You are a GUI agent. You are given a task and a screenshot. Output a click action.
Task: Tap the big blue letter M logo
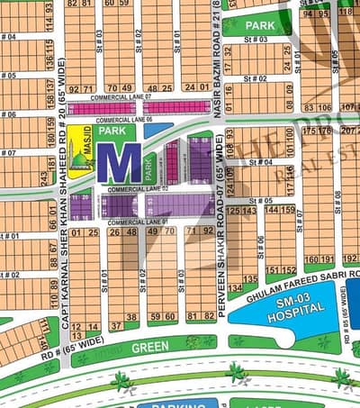point(119,164)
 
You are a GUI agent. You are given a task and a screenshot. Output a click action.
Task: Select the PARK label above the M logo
point(112,131)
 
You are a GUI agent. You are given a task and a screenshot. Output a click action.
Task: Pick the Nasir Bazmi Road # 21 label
point(216,50)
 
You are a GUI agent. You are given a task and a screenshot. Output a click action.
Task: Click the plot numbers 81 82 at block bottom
point(199,316)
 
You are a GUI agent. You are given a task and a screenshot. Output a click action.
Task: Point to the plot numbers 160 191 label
point(319,258)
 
